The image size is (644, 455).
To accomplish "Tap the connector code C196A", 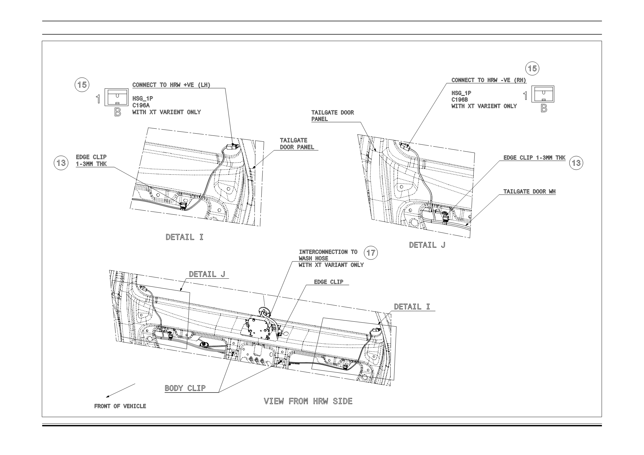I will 141,105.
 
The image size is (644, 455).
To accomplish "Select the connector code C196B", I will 460,99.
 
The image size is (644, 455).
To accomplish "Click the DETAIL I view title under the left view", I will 185,237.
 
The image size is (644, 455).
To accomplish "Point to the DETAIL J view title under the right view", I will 427,245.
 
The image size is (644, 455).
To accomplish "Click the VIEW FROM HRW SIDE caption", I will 308,401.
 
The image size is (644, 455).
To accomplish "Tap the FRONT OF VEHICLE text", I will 120,406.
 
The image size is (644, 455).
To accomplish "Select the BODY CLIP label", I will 185,388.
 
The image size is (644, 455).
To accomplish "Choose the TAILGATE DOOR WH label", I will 529,191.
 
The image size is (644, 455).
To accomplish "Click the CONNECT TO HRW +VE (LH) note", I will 171,85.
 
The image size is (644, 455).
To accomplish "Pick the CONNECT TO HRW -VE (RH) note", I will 489,80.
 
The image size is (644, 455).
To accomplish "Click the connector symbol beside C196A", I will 116,97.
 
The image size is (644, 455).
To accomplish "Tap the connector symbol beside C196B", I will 543,94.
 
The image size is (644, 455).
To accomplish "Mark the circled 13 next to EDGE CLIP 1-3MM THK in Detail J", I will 577,163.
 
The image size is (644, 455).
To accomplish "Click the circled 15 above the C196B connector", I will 532,68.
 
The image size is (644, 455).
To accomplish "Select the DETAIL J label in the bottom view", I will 207,274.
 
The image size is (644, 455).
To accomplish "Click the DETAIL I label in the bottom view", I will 412,307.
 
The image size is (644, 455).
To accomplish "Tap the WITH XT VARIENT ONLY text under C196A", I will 167,112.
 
